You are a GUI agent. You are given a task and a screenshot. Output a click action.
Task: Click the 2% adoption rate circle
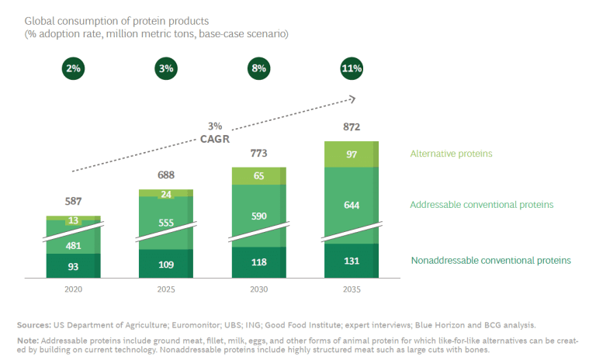pyautogui.click(x=74, y=68)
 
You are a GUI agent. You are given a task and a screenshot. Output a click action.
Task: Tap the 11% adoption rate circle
pyautogui.click(x=352, y=68)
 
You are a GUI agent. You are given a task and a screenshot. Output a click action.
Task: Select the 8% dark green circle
pyautogui.click(x=259, y=68)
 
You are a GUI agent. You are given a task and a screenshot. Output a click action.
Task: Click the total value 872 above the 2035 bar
pyautogui.click(x=352, y=127)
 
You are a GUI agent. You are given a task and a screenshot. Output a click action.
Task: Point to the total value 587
pyautogui.click(x=74, y=201)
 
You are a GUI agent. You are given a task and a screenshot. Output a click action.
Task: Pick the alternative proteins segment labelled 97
pyautogui.click(x=352, y=154)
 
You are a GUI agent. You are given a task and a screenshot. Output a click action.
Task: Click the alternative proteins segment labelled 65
pyautogui.click(x=259, y=176)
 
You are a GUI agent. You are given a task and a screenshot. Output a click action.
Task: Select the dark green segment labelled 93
pyautogui.click(x=74, y=265)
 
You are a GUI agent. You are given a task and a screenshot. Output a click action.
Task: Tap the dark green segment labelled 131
pyautogui.click(x=352, y=261)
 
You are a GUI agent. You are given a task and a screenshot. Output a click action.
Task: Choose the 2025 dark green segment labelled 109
pyautogui.click(x=166, y=264)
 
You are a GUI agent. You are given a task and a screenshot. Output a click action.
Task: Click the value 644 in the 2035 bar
pyautogui.click(x=352, y=206)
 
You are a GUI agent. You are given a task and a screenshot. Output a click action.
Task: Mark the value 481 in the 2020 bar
pyautogui.click(x=74, y=246)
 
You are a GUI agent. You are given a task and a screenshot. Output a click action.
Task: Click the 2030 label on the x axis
pyautogui.click(x=259, y=289)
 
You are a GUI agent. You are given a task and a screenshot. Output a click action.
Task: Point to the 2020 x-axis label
pyautogui.click(x=74, y=289)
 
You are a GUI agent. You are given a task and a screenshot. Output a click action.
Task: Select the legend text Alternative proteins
pyautogui.click(x=451, y=154)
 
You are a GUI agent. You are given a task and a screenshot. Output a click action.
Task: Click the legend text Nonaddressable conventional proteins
pyautogui.click(x=491, y=261)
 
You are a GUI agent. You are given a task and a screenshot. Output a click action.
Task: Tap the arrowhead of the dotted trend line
pyautogui.click(x=354, y=99)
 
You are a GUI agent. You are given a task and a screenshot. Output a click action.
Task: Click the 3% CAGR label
pyautogui.click(x=215, y=133)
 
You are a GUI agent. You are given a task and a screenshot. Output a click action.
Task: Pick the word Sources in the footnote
pyautogui.click(x=33, y=325)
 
